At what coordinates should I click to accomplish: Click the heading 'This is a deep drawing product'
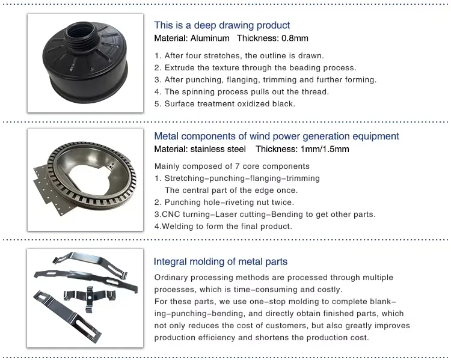tap(222, 25)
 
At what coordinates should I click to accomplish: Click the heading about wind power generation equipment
tap(276, 136)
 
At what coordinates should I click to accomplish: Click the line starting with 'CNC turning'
tap(265, 215)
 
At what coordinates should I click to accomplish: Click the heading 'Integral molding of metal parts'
tap(220, 261)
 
